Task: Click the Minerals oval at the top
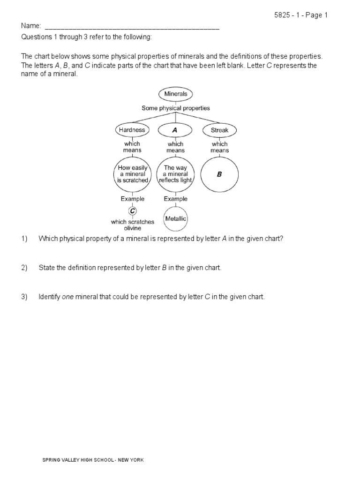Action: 176,94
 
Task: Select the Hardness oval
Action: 132,130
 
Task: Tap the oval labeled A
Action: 175,130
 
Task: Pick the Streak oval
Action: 219,130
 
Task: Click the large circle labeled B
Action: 219,174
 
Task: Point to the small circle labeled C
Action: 133,211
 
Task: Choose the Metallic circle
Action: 176,218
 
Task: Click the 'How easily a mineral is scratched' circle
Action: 133,174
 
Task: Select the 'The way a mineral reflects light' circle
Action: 176,174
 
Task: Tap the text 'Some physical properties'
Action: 176,108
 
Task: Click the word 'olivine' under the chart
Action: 133,228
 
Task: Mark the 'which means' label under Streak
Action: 219,147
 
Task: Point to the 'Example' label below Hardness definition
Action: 133,199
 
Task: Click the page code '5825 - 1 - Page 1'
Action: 301,15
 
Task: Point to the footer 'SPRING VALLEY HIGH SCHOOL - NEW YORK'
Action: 93,460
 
